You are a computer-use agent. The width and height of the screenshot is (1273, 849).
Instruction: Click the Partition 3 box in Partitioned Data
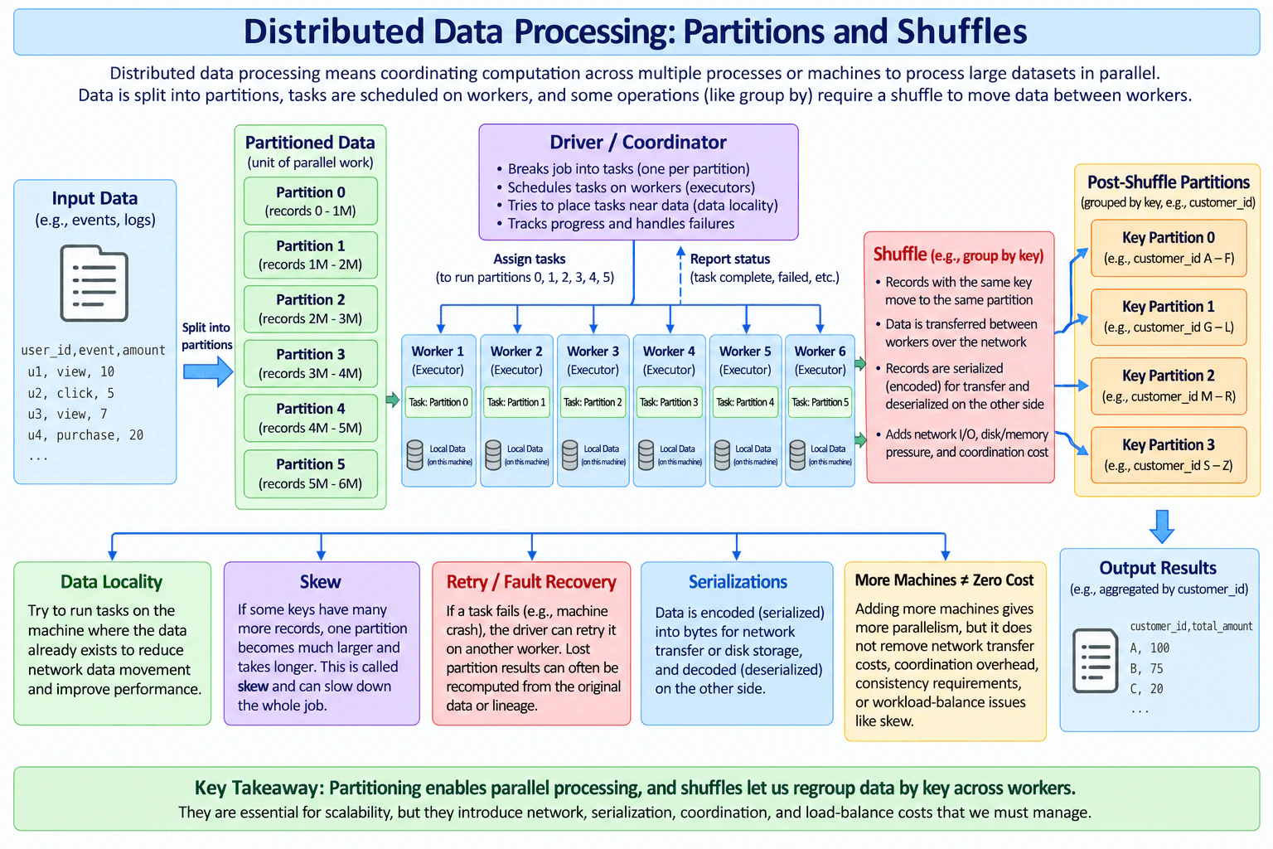click(310, 363)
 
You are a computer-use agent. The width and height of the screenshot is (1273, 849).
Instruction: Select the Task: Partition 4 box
click(745, 402)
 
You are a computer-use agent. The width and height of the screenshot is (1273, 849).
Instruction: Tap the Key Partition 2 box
click(1169, 386)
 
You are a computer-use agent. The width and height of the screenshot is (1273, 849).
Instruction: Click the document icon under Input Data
click(94, 284)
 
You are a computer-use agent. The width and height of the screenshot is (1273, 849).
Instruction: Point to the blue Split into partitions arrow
click(208, 372)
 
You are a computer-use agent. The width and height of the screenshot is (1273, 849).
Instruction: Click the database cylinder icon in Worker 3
click(569, 455)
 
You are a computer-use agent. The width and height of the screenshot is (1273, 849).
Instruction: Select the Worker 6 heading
click(820, 352)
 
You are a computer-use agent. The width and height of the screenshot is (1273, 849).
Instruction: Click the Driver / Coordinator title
click(637, 142)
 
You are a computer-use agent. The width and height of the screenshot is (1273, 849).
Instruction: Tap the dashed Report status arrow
click(680, 275)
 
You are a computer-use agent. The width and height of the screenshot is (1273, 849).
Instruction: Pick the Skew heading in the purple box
click(321, 582)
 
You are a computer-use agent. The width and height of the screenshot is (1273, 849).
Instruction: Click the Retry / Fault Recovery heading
click(530, 582)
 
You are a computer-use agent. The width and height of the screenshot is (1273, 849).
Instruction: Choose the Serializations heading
click(738, 582)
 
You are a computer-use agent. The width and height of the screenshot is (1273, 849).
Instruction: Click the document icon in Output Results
click(1095, 660)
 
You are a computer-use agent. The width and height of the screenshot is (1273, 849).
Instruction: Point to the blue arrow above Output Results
click(1162, 526)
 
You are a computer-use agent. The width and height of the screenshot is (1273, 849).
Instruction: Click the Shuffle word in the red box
click(899, 255)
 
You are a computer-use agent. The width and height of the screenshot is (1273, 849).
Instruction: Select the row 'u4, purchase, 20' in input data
click(85, 435)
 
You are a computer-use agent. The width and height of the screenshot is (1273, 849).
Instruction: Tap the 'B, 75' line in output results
click(1146, 668)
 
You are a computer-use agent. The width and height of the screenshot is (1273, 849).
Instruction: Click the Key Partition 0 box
click(1169, 248)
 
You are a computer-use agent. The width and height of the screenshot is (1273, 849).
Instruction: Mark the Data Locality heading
click(111, 582)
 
